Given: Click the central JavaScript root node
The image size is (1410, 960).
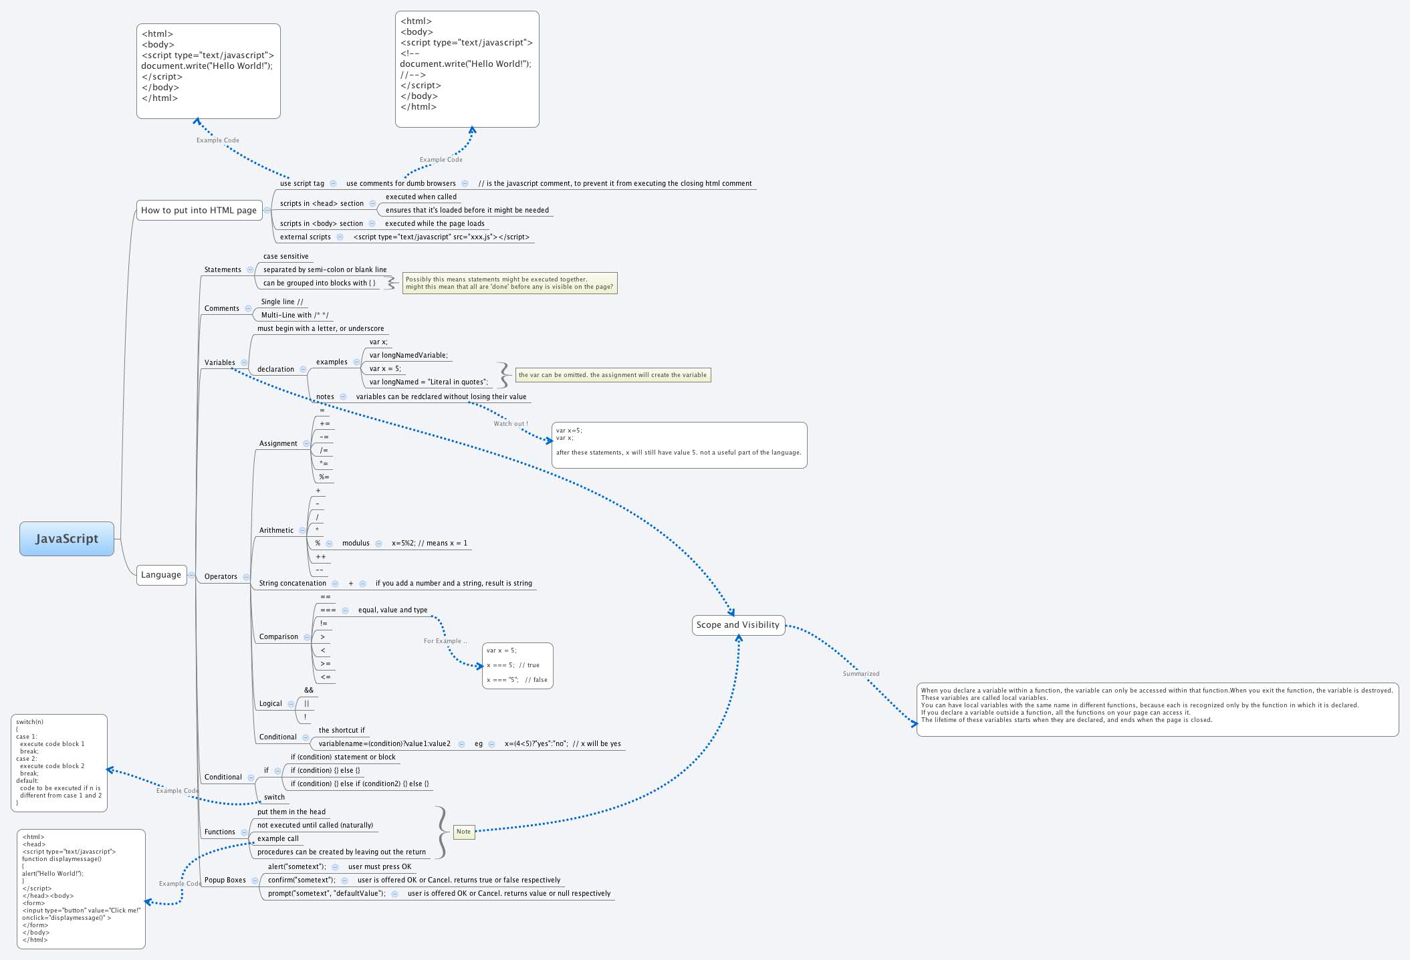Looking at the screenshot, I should point(67,539).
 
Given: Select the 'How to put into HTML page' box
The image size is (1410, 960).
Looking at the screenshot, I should point(199,210).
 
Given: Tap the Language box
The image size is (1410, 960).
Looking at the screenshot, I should point(161,574).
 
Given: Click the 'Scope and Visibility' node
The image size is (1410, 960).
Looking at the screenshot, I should point(738,625).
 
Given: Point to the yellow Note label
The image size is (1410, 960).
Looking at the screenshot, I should point(464,832).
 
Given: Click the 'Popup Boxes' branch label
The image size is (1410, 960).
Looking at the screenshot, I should point(225,880).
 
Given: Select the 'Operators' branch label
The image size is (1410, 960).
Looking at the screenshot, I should point(221,576).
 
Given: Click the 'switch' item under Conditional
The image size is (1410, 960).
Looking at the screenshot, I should point(274,797).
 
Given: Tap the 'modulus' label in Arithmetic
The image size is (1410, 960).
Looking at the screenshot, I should point(356,543).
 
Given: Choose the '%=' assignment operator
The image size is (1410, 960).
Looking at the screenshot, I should point(324,477).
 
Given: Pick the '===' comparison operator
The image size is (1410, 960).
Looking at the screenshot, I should point(328,610).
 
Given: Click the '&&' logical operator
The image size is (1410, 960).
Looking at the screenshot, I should point(309,690).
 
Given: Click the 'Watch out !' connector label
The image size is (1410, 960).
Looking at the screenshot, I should point(511,424).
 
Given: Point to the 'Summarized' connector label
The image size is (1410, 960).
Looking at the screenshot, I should point(861,674).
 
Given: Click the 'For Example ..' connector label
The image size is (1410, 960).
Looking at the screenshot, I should point(445,641).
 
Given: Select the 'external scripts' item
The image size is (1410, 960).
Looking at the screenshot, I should point(305,237).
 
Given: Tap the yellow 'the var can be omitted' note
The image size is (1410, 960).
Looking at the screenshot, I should point(612,375).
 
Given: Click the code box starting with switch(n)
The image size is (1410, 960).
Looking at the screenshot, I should point(59,763).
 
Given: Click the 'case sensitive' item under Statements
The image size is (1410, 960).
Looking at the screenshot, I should point(285,256).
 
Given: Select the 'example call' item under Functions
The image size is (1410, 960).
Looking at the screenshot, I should point(278,838).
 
